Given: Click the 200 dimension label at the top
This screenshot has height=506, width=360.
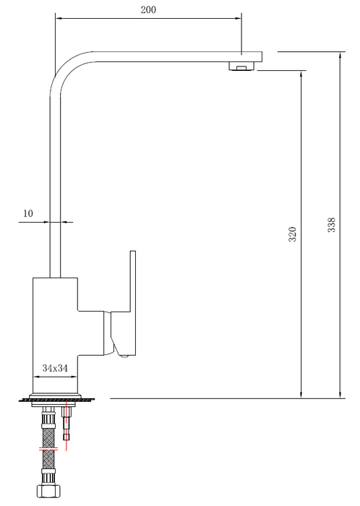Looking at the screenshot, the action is (148, 9).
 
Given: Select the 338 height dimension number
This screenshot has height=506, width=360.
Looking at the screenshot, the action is (331, 225).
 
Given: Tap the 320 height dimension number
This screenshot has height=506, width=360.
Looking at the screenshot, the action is (292, 234).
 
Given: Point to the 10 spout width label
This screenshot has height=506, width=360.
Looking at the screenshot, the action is (28, 213).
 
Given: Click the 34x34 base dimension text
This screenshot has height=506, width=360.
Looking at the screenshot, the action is (55, 368).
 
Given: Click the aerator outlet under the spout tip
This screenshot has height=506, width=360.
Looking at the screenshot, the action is (242, 67).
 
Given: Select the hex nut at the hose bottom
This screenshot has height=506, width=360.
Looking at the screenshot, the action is (48, 491).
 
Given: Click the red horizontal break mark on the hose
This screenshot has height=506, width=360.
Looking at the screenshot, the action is (48, 448).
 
